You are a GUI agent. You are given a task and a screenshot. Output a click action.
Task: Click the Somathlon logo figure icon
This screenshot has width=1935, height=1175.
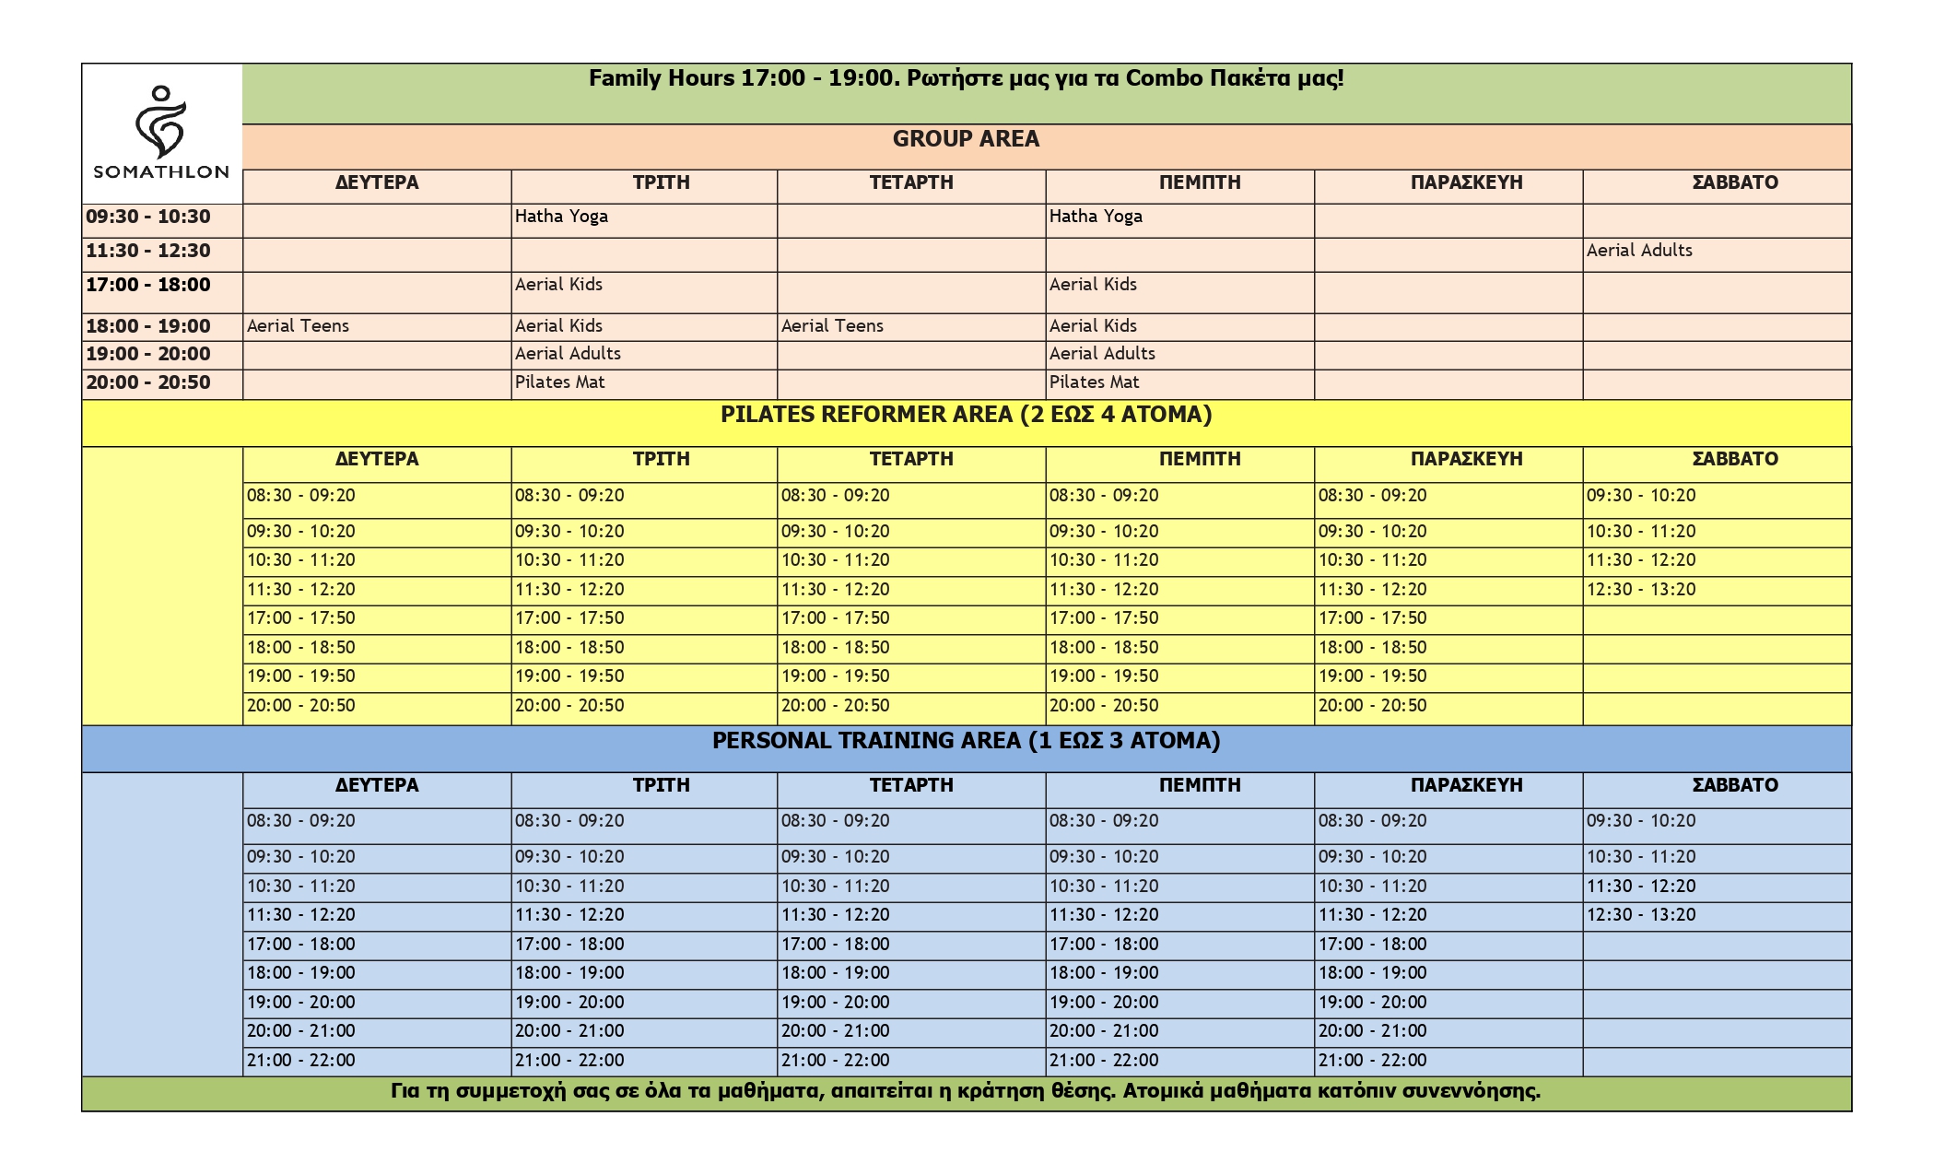tap(161, 123)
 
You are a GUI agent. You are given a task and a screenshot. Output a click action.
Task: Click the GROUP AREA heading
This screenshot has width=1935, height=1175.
tap(966, 139)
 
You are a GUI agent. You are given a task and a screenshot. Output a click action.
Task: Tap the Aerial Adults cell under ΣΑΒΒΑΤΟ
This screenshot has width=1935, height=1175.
tap(1639, 251)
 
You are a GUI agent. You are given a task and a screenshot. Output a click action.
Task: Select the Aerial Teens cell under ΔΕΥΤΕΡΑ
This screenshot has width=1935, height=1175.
tap(298, 326)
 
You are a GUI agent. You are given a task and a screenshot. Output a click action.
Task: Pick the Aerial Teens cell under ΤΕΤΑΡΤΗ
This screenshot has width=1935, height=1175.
tap(832, 326)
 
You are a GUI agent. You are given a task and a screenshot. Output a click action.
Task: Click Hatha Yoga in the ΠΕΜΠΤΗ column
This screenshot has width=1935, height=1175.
tap(1096, 217)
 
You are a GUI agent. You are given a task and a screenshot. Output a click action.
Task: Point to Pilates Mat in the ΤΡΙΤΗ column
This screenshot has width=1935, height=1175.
tap(559, 382)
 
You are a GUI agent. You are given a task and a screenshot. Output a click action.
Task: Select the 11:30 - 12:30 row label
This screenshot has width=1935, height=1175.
tap(148, 251)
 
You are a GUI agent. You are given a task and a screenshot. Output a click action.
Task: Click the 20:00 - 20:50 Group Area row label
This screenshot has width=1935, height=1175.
tap(148, 382)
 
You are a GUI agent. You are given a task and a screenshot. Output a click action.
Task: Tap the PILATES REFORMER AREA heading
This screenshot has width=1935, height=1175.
tap(966, 415)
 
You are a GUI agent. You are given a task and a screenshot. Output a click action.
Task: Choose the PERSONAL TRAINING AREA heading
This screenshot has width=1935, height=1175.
tap(966, 741)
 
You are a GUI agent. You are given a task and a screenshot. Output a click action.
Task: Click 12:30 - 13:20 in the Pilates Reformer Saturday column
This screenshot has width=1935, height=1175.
tap(1640, 590)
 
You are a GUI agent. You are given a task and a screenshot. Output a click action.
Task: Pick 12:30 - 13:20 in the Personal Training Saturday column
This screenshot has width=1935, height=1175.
tap(1640, 915)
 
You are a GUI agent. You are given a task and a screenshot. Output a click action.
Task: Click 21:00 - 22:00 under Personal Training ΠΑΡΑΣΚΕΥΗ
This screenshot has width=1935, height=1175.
tap(1372, 1061)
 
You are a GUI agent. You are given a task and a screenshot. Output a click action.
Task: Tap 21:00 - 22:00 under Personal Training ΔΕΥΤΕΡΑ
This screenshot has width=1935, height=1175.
tap(300, 1061)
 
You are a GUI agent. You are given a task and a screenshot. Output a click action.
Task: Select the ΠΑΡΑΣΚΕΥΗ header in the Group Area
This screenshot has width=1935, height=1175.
tap(1466, 182)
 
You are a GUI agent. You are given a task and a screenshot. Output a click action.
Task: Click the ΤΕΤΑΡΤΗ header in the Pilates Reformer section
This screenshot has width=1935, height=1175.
tap(911, 459)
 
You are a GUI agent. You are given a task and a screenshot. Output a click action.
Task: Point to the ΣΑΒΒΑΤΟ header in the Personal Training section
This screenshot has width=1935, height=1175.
tap(1735, 785)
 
